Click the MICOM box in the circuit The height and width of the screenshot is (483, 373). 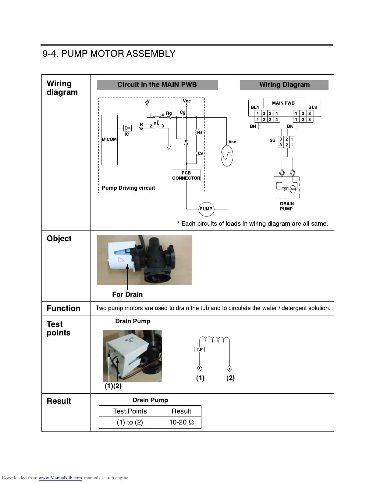[x=109, y=140]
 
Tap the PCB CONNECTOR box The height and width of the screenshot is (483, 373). [x=186, y=175]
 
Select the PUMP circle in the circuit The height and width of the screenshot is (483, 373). [x=206, y=209]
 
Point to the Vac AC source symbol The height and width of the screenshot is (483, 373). [x=227, y=156]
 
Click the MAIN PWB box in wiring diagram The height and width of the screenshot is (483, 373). [x=283, y=103]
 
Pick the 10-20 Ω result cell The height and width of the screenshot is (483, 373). [x=181, y=422]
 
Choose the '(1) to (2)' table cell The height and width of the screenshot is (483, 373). [x=130, y=422]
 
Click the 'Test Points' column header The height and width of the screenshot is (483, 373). [x=130, y=411]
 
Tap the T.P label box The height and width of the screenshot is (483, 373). [x=200, y=349]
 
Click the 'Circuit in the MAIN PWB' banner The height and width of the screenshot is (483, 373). [x=157, y=85]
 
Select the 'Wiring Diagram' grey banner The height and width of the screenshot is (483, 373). [x=284, y=85]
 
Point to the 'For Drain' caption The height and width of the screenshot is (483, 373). [x=127, y=294]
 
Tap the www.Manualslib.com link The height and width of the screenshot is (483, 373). [x=60, y=478]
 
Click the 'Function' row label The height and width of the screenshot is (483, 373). [x=63, y=308]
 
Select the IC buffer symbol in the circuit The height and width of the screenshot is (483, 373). [x=127, y=128]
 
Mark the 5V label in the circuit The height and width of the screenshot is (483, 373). [x=147, y=101]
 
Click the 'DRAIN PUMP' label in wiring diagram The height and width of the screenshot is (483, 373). [x=287, y=206]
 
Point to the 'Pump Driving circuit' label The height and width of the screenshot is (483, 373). [x=128, y=188]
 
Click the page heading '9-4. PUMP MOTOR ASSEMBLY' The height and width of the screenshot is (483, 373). [x=109, y=54]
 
